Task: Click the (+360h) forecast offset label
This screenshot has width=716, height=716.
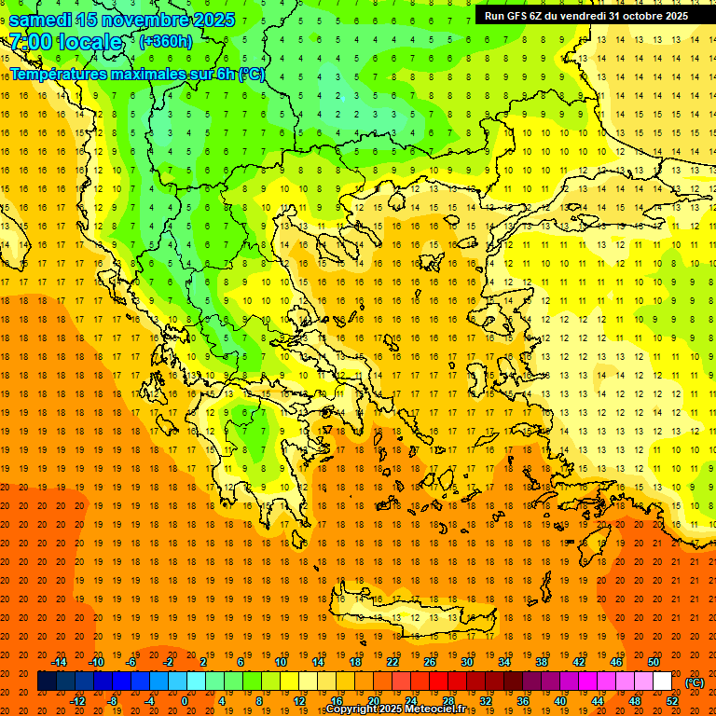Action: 166,41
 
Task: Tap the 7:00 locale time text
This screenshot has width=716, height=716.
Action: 65,42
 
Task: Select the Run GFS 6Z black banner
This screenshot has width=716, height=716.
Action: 585,15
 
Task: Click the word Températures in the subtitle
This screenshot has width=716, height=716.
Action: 57,74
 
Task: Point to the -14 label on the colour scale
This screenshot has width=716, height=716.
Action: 59,661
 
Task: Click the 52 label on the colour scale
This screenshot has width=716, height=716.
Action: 672,700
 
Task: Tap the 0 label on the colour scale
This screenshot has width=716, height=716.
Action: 185,700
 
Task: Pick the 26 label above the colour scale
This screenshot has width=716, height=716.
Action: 430,661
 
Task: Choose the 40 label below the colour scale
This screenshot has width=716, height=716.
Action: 560,700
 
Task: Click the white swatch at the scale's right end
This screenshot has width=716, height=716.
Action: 662,682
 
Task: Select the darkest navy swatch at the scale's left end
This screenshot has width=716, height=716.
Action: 47,682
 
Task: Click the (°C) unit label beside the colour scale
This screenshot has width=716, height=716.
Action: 695,682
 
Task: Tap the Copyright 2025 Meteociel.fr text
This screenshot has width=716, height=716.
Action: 395,709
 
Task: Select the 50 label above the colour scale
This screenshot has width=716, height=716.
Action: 654,661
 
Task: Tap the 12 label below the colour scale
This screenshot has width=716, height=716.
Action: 299,700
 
